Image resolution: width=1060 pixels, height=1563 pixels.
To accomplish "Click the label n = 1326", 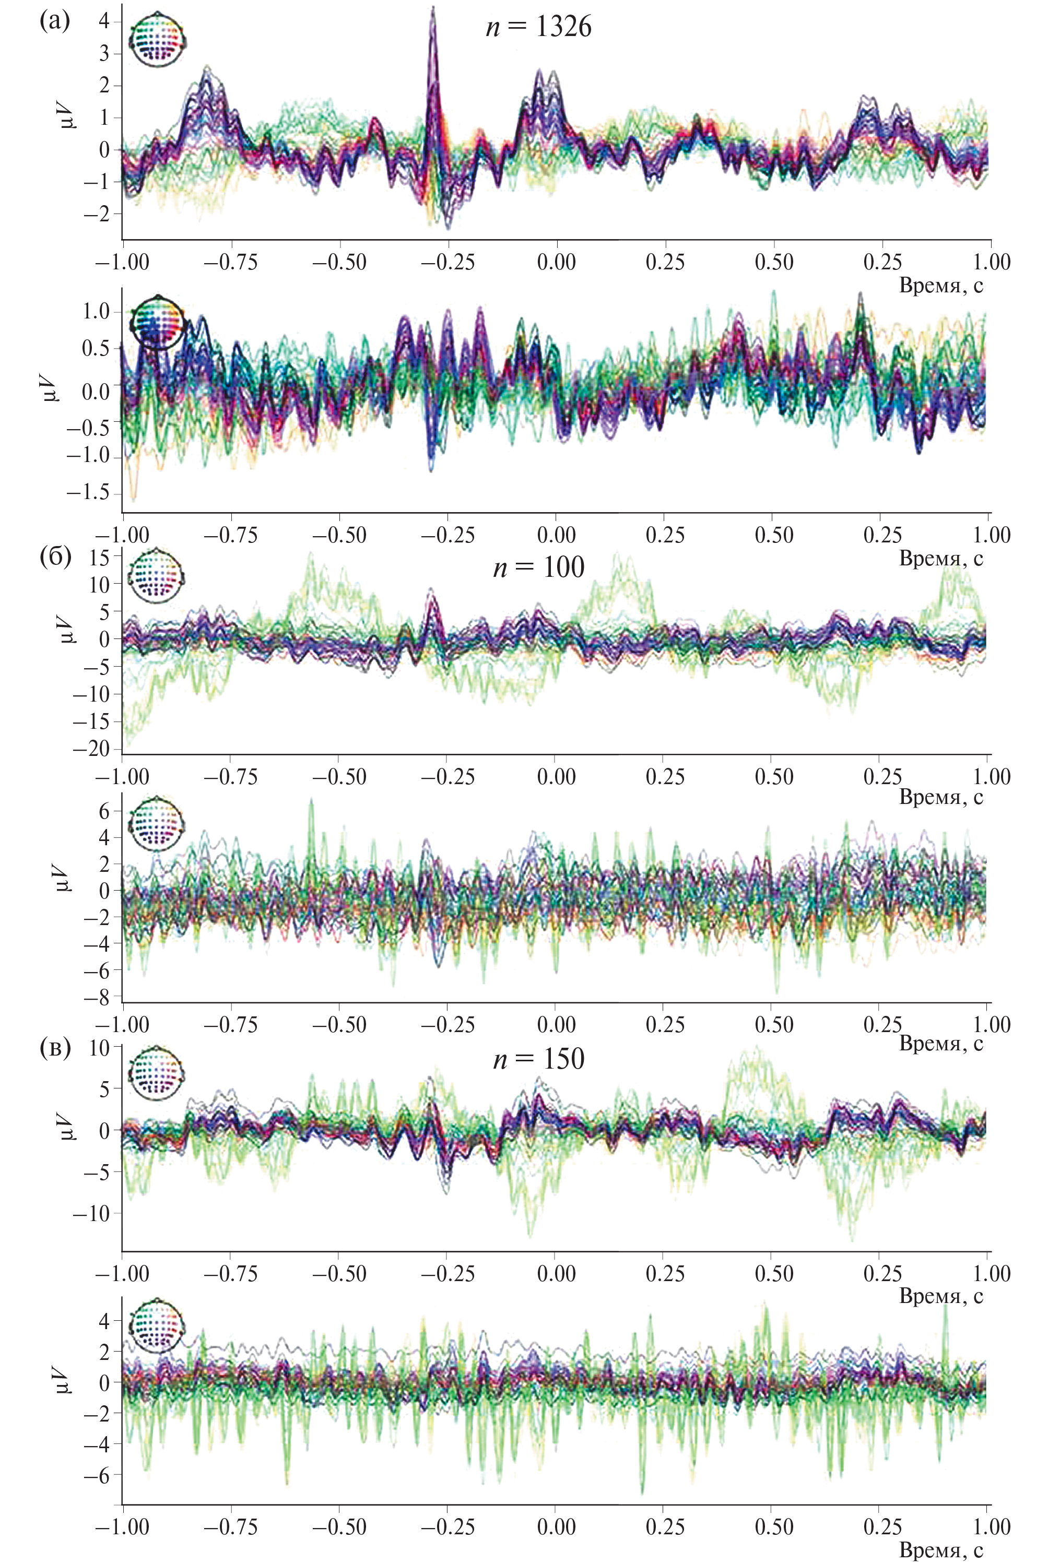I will (539, 27).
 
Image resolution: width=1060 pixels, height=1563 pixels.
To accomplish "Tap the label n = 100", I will (539, 567).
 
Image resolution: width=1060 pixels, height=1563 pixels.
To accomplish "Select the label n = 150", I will (539, 1059).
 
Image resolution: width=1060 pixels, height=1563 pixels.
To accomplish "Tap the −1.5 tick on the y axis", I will (87, 492).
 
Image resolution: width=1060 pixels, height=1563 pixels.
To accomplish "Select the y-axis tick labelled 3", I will (104, 53).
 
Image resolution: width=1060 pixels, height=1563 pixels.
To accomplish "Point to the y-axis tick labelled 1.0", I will (96, 311).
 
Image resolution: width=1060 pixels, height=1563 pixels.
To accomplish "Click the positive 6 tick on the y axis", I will (104, 811).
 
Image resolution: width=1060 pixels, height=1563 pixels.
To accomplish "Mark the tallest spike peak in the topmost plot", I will (433, 8).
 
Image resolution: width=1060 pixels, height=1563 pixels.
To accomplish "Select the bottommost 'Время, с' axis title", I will (941, 1550).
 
